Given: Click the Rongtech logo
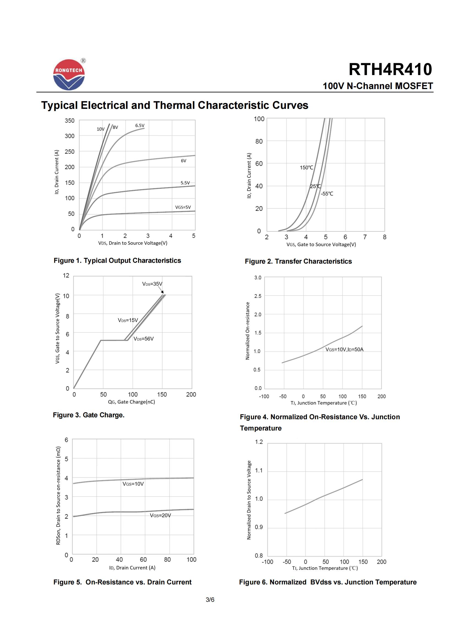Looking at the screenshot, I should click(x=69, y=74).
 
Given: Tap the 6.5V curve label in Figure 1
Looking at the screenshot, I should click(x=140, y=125).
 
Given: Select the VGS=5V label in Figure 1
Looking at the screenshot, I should click(x=183, y=207).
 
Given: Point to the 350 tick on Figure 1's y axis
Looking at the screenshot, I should click(x=70, y=121).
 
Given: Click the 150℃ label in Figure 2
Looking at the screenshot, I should click(x=306, y=167).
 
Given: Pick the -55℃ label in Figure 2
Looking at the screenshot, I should click(x=327, y=194).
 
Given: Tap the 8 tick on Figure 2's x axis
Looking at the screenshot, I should click(x=385, y=237).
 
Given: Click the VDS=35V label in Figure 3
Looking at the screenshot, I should click(x=152, y=284).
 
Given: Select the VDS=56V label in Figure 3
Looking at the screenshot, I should click(x=143, y=339).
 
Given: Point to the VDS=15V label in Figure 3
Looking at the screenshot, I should click(x=128, y=320).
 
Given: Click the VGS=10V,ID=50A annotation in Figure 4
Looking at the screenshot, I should click(x=344, y=349).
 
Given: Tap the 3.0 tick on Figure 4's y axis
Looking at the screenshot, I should click(x=258, y=278).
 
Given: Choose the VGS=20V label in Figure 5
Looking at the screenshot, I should click(x=160, y=515).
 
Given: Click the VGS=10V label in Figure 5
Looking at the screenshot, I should click(x=133, y=484).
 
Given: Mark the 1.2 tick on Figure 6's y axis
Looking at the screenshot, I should click(x=259, y=442).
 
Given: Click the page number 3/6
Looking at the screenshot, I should click(x=210, y=600).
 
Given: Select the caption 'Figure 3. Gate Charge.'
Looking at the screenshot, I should click(x=89, y=415).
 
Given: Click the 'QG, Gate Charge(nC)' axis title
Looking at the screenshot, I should click(x=131, y=402).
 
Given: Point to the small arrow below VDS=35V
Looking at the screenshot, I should click(x=161, y=290).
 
